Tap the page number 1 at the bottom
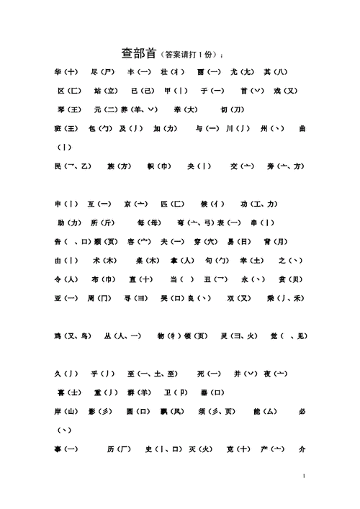[305, 476]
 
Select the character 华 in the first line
[57, 73]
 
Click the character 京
[127, 204]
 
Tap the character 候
[207, 204]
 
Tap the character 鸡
[57, 335]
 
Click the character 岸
[57, 411]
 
